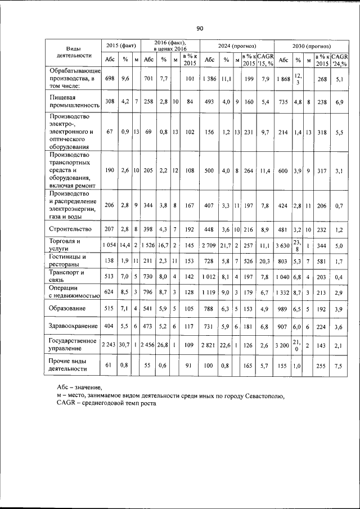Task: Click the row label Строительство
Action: click(69, 229)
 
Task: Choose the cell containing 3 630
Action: click(284, 245)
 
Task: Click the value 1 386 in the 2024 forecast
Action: click(209, 78)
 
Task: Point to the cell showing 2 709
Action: click(209, 245)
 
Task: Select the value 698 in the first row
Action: click(109, 78)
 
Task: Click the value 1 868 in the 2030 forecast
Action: click(284, 78)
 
